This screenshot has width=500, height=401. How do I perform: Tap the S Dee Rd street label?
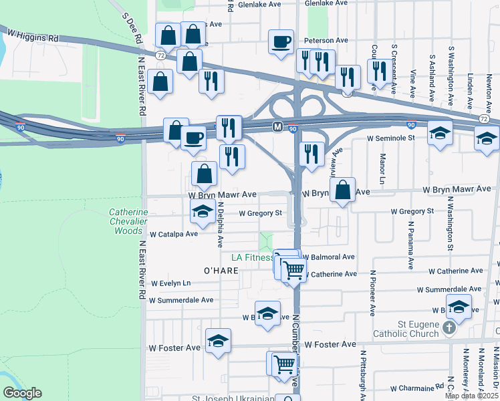tap(131, 28)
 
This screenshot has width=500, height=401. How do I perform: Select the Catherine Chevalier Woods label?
tap(125, 222)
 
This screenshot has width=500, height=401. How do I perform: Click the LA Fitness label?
tap(251, 257)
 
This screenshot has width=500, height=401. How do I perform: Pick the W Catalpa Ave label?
tap(174, 235)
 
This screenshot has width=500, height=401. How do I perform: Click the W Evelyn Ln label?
tap(170, 283)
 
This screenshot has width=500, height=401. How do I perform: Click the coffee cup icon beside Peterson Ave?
tap(281, 41)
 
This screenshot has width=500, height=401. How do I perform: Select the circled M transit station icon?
tap(277, 126)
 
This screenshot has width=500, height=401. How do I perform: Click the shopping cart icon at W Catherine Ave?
tap(293, 270)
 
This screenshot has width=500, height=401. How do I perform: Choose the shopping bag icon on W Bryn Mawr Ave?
tap(342, 190)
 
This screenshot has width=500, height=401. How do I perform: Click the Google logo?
tap(22, 394)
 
